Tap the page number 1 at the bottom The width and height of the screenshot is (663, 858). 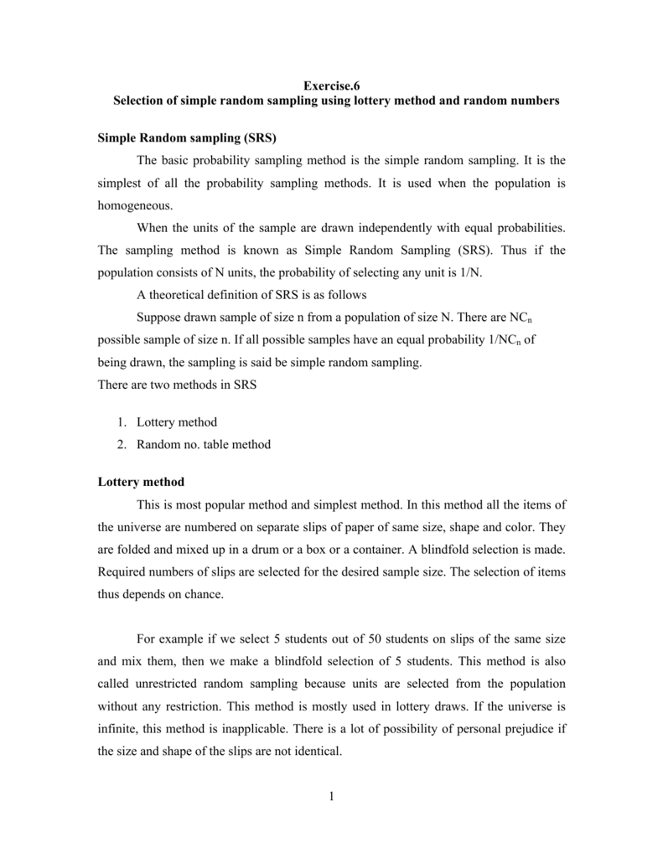pos(332,796)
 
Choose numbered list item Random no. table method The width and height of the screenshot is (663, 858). pos(204,445)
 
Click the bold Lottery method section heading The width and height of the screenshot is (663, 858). pos(141,483)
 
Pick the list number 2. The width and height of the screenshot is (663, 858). pos(120,445)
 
